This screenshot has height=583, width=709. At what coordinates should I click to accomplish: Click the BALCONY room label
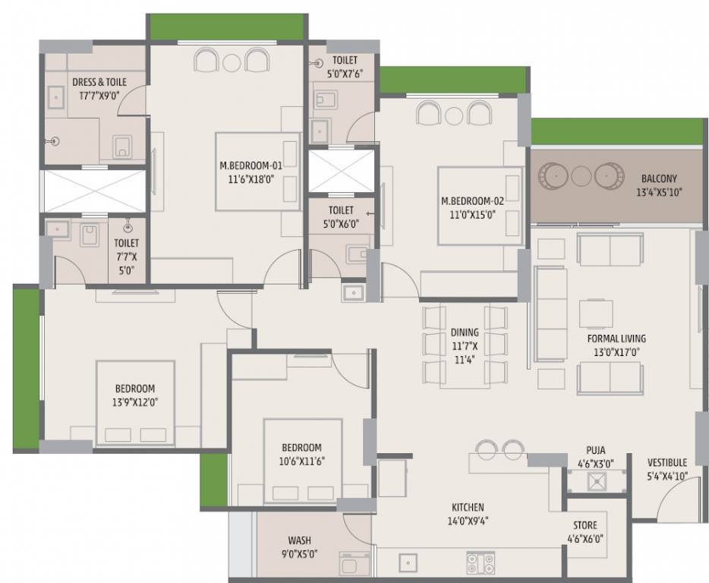coord(659,178)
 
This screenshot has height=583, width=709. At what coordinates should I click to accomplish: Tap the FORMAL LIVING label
coord(616,339)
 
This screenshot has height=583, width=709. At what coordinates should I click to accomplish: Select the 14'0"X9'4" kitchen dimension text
coord(468,521)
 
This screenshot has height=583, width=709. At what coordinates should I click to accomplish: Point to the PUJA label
coord(595,450)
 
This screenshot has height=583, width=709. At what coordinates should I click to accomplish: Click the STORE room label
coord(585,525)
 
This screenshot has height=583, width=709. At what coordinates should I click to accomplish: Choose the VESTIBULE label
coord(667,462)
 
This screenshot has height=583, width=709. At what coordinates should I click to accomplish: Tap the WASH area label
coord(299,540)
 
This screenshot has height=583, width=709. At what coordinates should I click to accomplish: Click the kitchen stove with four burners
coord(481,563)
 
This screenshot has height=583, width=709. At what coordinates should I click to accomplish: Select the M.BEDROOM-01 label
coord(251,165)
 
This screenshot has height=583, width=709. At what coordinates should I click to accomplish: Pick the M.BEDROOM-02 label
coord(472,201)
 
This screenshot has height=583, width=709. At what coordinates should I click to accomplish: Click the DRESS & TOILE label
coord(99,82)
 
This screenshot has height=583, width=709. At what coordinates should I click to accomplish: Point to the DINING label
coord(465,332)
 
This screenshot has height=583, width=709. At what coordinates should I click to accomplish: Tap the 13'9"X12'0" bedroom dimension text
coord(135,402)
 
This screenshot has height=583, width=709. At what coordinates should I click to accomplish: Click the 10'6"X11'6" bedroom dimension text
coord(301,462)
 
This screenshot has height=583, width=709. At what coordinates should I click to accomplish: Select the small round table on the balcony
coord(581,175)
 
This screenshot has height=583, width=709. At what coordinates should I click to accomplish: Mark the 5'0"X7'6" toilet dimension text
coord(345,74)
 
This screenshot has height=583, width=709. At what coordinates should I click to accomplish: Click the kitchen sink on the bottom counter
coord(408,563)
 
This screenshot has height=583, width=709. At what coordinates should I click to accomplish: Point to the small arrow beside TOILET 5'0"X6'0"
coord(370,213)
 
